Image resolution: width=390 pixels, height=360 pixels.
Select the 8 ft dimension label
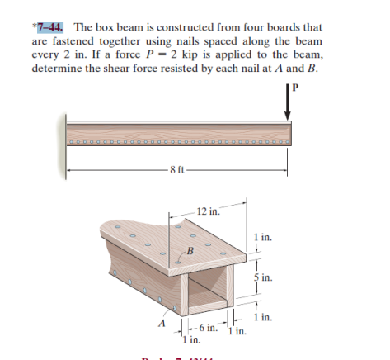click(x=176, y=172)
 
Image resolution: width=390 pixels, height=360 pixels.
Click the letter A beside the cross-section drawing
click(x=165, y=324)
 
